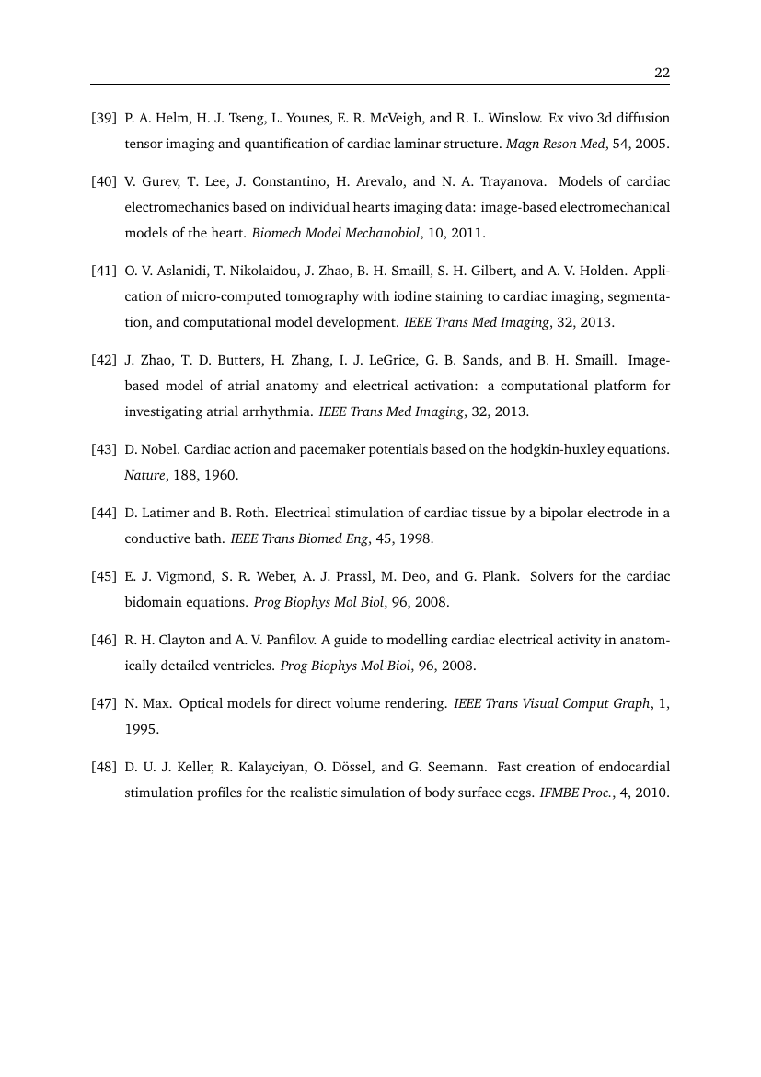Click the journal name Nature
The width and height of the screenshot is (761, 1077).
click(143, 476)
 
